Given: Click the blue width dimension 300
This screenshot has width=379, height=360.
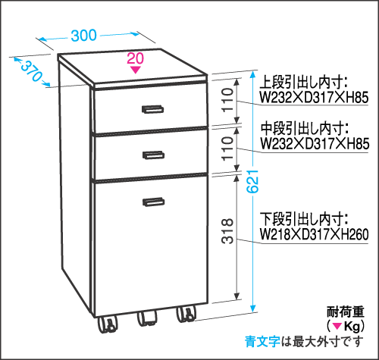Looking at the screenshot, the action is click(x=83, y=36).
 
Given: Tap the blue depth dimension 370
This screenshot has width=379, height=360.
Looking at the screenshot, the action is click(x=31, y=71).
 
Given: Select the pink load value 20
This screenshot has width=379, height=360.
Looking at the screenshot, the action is click(x=136, y=58).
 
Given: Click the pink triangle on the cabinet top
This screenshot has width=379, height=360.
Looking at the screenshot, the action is click(x=136, y=70).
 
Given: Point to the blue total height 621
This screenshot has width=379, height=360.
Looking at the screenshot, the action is click(x=252, y=181).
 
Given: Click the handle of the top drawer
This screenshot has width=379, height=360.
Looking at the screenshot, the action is click(x=152, y=109).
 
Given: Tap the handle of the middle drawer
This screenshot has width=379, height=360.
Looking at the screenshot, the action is click(x=153, y=155).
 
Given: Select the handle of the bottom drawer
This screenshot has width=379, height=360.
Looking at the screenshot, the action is click(x=154, y=202).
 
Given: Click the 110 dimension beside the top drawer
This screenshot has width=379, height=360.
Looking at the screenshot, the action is click(x=227, y=99).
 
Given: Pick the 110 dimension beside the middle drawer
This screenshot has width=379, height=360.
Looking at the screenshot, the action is click(x=227, y=149).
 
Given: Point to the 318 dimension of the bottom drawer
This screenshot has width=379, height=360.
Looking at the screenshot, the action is click(x=227, y=231).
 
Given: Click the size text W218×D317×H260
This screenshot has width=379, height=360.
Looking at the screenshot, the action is click(x=315, y=234).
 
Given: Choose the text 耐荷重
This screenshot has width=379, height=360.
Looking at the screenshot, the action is click(x=346, y=311).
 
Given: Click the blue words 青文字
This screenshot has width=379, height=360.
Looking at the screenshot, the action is click(x=262, y=342).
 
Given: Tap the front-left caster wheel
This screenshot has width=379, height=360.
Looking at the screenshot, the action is click(x=108, y=324).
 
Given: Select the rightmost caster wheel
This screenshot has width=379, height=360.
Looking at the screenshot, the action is click(x=186, y=315).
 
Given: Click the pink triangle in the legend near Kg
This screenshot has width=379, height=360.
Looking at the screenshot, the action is click(x=337, y=327).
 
